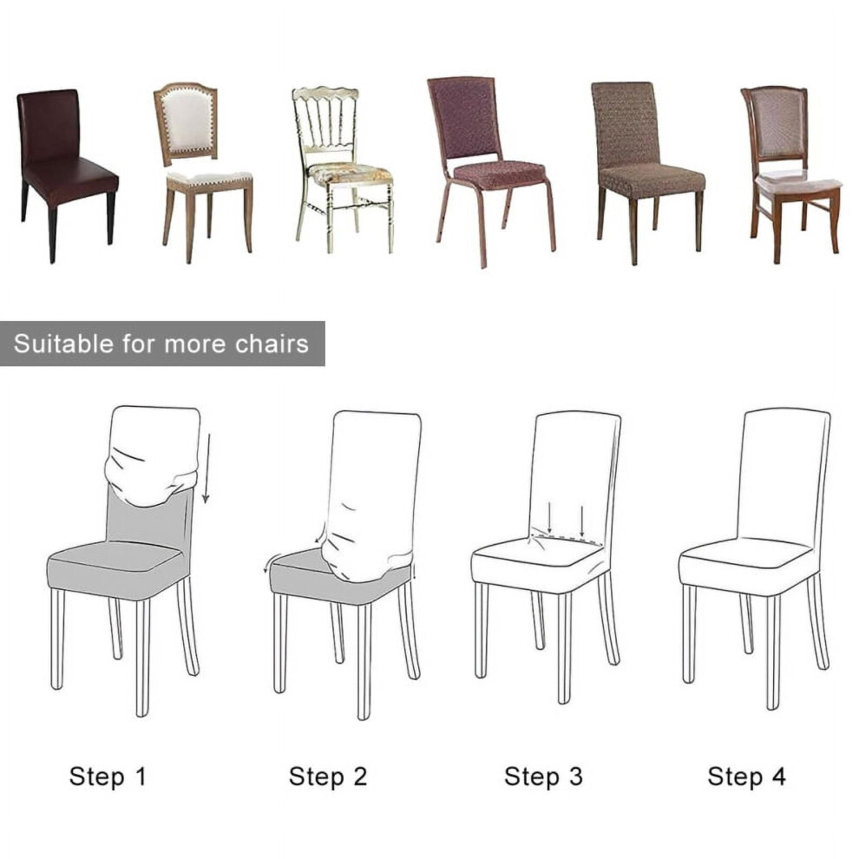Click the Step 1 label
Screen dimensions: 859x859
tap(108, 777)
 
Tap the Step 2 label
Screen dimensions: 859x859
tap(328, 777)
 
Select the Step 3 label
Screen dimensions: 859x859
tap(543, 777)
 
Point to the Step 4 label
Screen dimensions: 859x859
tap(747, 777)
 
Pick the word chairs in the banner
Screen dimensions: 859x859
tap(272, 344)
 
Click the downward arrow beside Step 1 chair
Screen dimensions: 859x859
tap(207, 468)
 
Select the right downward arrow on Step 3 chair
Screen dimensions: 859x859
tap(582, 521)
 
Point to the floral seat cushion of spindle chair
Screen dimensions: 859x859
tap(350, 174)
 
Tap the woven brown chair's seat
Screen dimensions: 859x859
tap(652, 179)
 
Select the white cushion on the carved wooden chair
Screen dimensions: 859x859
tap(798, 182)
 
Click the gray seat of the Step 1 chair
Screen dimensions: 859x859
tap(116, 568)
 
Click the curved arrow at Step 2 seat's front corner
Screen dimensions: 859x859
tap(268, 563)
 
